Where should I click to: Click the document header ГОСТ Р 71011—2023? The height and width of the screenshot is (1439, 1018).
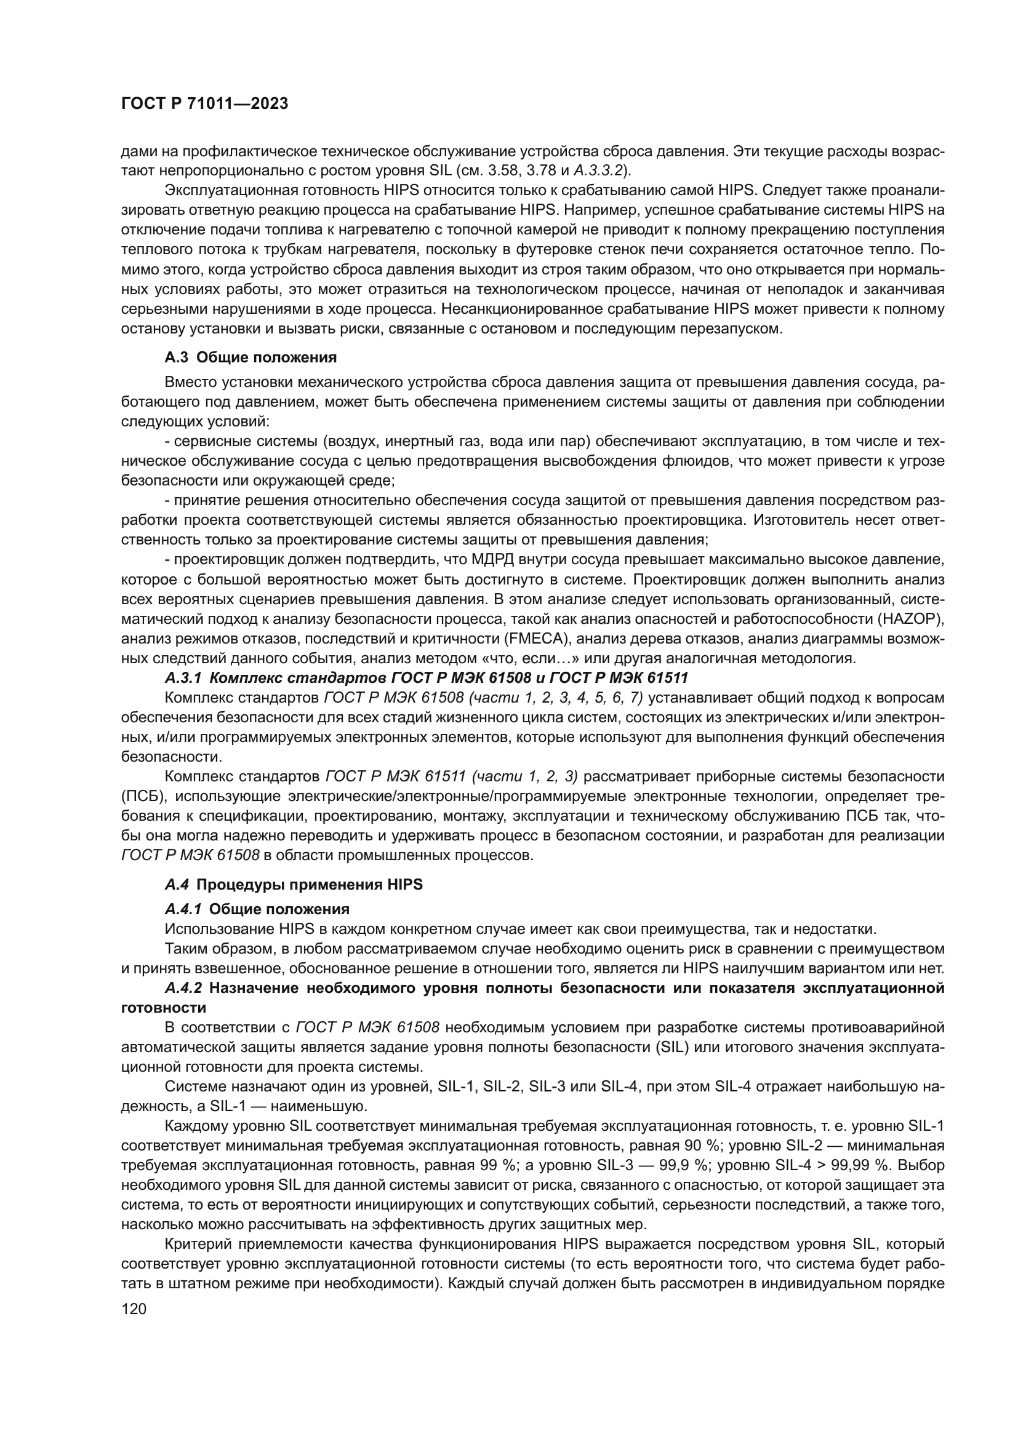[204, 104]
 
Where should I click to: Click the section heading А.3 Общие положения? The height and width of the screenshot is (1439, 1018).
[250, 358]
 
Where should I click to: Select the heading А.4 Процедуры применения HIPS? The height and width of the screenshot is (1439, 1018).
[294, 885]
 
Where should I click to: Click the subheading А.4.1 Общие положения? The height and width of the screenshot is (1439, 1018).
[257, 909]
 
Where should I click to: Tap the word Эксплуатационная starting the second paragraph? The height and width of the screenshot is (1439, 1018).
[227, 191]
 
